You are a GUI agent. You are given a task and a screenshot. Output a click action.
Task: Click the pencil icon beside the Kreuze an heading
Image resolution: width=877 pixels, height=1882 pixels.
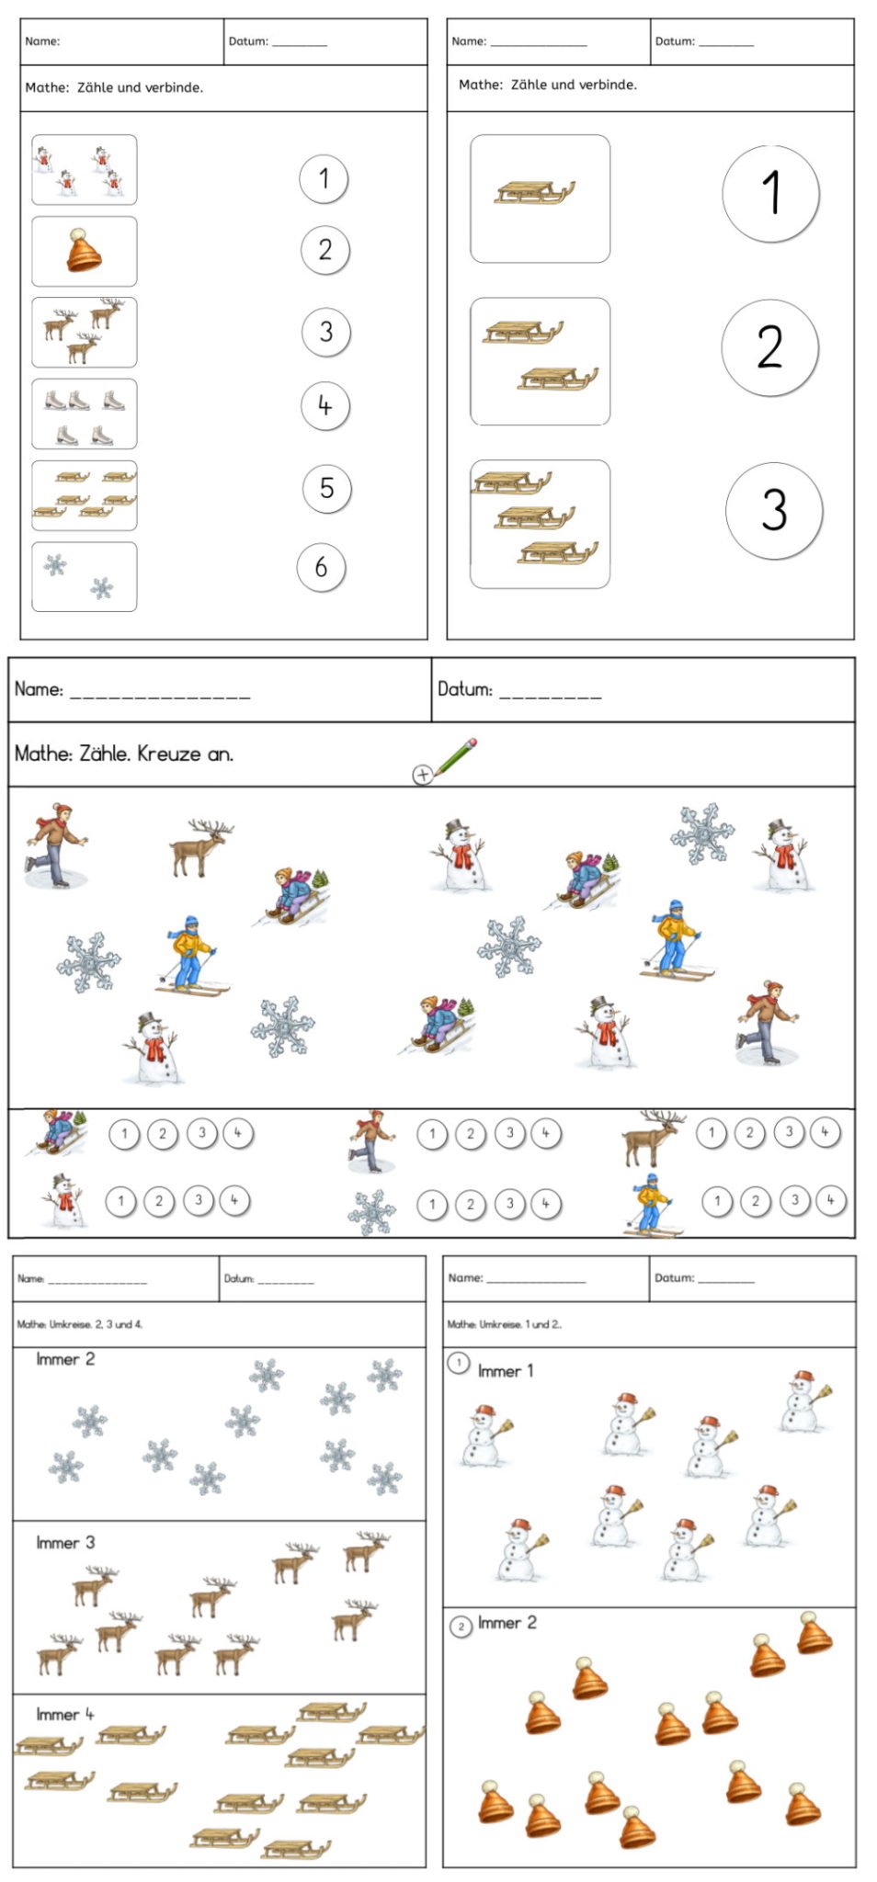pyautogui.click(x=456, y=756)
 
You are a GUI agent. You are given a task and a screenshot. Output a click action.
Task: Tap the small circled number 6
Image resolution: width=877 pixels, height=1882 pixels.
pyautogui.click(x=321, y=567)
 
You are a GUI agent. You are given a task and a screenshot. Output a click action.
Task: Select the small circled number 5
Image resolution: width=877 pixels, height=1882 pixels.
pyautogui.click(x=326, y=488)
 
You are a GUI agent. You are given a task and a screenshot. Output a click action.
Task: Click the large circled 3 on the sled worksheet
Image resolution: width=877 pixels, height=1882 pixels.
pyautogui.click(x=773, y=511)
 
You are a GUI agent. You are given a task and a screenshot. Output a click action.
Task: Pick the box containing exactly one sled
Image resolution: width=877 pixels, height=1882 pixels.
pyautogui.click(x=540, y=198)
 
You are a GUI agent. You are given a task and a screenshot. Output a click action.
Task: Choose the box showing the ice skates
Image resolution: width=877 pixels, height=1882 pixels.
pyautogui.click(x=84, y=414)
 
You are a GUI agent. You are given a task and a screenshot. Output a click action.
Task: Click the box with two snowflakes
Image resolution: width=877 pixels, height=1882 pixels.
pyautogui.click(x=84, y=576)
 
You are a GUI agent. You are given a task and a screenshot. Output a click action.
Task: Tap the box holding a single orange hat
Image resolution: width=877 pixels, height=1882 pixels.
pyautogui.click(x=84, y=251)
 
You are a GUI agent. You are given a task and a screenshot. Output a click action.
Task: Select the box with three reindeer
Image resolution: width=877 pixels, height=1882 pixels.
pyautogui.click(x=84, y=332)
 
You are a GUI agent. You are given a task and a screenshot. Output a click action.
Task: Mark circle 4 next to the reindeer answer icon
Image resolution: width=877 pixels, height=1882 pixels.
pyautogui.click(x=825, y=1132)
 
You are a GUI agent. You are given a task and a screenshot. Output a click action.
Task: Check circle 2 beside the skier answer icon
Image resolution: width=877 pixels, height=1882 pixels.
pyautogui.click(x=756, y=1200)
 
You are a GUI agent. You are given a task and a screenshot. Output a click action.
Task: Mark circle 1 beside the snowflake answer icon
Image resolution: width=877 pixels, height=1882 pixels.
pyautogui.click(x=432, y=1204)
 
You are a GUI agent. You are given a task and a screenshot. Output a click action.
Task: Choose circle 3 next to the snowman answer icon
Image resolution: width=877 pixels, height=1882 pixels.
pyautogui.click(x=198, y=1200)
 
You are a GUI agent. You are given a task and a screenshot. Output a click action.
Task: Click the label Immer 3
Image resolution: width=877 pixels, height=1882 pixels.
pyautogui.click(x=65, y=1543)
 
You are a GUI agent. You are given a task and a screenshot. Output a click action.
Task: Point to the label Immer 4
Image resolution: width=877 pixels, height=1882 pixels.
pyautogui.click(x=64, y=1715)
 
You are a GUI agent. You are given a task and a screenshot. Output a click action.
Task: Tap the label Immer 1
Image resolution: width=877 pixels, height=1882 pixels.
pyautogui.click(x=506, y=1371)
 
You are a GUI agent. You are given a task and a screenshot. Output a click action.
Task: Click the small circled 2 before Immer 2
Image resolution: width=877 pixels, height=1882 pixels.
pyautogui.click(x=461, y=1627)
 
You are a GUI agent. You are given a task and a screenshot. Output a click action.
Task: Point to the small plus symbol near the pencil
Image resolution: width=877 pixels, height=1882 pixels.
pyautogui.click(x=422, y=775)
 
